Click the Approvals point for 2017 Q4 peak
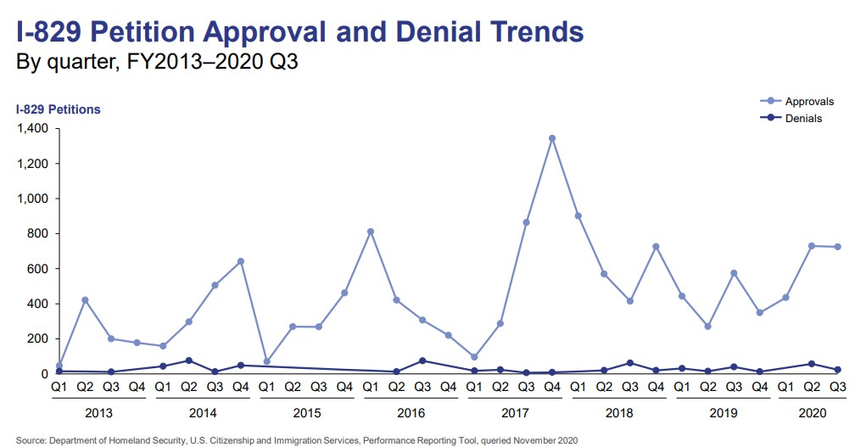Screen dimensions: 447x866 tap(552, 138)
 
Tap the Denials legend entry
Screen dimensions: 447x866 tap(792, 119)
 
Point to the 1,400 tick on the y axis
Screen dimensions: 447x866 tap(32, 129)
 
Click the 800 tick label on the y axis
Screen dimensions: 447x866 tap(36, 234)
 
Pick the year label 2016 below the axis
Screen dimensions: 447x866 tap(410, 413)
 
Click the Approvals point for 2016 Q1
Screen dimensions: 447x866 tap(371, 232)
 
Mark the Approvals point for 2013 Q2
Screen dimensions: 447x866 tap(85, 300)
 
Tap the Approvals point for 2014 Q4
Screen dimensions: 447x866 tap(241, 261)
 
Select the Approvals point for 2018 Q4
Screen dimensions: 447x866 tap(656, 247)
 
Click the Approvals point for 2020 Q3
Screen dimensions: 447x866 tap(837, 247)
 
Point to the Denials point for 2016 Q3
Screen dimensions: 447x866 tap(422, 360)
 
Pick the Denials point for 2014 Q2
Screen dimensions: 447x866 tap(189, 360)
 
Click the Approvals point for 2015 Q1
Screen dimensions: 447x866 tap(266, 361)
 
